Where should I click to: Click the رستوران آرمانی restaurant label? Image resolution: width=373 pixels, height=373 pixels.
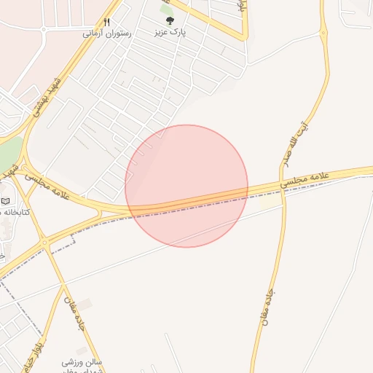[106, 34]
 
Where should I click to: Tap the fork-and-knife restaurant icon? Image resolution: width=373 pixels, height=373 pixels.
[106, 22]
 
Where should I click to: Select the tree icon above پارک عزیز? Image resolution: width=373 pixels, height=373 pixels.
[170, 21]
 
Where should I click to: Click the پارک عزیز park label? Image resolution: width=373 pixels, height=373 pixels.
[170, 34]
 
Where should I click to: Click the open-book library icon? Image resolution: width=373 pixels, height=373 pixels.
[6, 200]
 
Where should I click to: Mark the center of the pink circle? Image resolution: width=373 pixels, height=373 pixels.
[186, 186]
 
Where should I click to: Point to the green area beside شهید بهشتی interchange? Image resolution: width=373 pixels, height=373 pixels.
[7, 153]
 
